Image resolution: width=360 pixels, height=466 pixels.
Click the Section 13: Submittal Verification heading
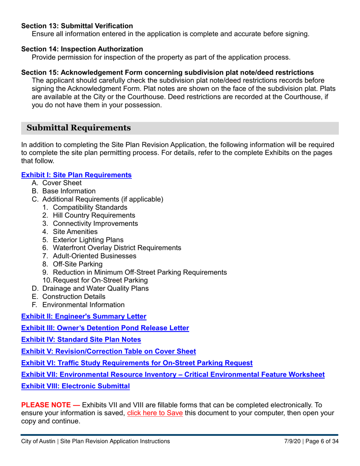(x=77, y=26)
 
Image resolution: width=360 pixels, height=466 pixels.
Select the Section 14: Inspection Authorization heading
(x=82, y=49)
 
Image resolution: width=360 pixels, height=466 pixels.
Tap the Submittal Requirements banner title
(x=79, y=128)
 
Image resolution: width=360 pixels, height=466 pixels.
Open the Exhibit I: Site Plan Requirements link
(x=76, y=175)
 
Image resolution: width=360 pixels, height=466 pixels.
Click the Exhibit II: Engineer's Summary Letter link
(x=83, y=316)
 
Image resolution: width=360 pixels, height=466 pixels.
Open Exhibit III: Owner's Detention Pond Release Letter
(x=105, y=328)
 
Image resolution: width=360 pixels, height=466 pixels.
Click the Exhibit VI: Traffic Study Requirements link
(x=137, y=363)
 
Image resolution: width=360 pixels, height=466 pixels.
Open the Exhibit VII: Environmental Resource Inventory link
(x=173, y=375)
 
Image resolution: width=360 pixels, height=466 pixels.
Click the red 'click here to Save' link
(x=155, y=413)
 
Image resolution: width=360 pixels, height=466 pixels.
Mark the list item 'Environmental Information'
(x=83, y=305)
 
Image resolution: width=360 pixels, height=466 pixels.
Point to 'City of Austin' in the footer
(x=38, y=441)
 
